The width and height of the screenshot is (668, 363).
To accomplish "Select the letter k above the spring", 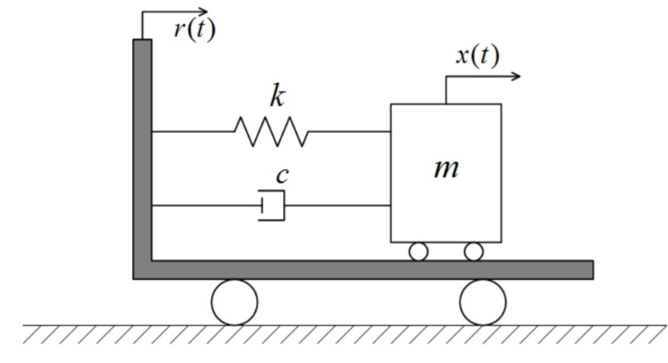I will coord(277,96).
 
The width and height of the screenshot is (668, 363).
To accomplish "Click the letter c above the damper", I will coord(282,175).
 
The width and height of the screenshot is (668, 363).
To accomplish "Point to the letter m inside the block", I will coord(446,168).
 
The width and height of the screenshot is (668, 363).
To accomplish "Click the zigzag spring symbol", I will coord(272,131).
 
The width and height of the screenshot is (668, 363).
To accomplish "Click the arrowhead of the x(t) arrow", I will coord(517,76).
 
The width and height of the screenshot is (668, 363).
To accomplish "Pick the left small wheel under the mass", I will coord(418,251).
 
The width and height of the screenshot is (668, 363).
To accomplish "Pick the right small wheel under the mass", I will coord(474,251).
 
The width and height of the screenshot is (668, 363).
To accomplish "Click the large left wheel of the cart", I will coord(235,301).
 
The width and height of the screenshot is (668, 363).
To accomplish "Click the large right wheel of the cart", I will coord(482,301).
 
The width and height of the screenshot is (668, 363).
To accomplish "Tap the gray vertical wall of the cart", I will coord(143,152).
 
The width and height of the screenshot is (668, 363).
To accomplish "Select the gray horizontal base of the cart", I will coord(364,270).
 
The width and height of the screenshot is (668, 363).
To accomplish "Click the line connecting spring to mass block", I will coord(349,131).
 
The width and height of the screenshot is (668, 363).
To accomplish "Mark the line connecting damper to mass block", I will coord(338,205).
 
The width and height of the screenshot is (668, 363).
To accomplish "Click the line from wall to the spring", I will coord(194,131).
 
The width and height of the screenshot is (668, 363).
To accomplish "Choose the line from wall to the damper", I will coord(205,205).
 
